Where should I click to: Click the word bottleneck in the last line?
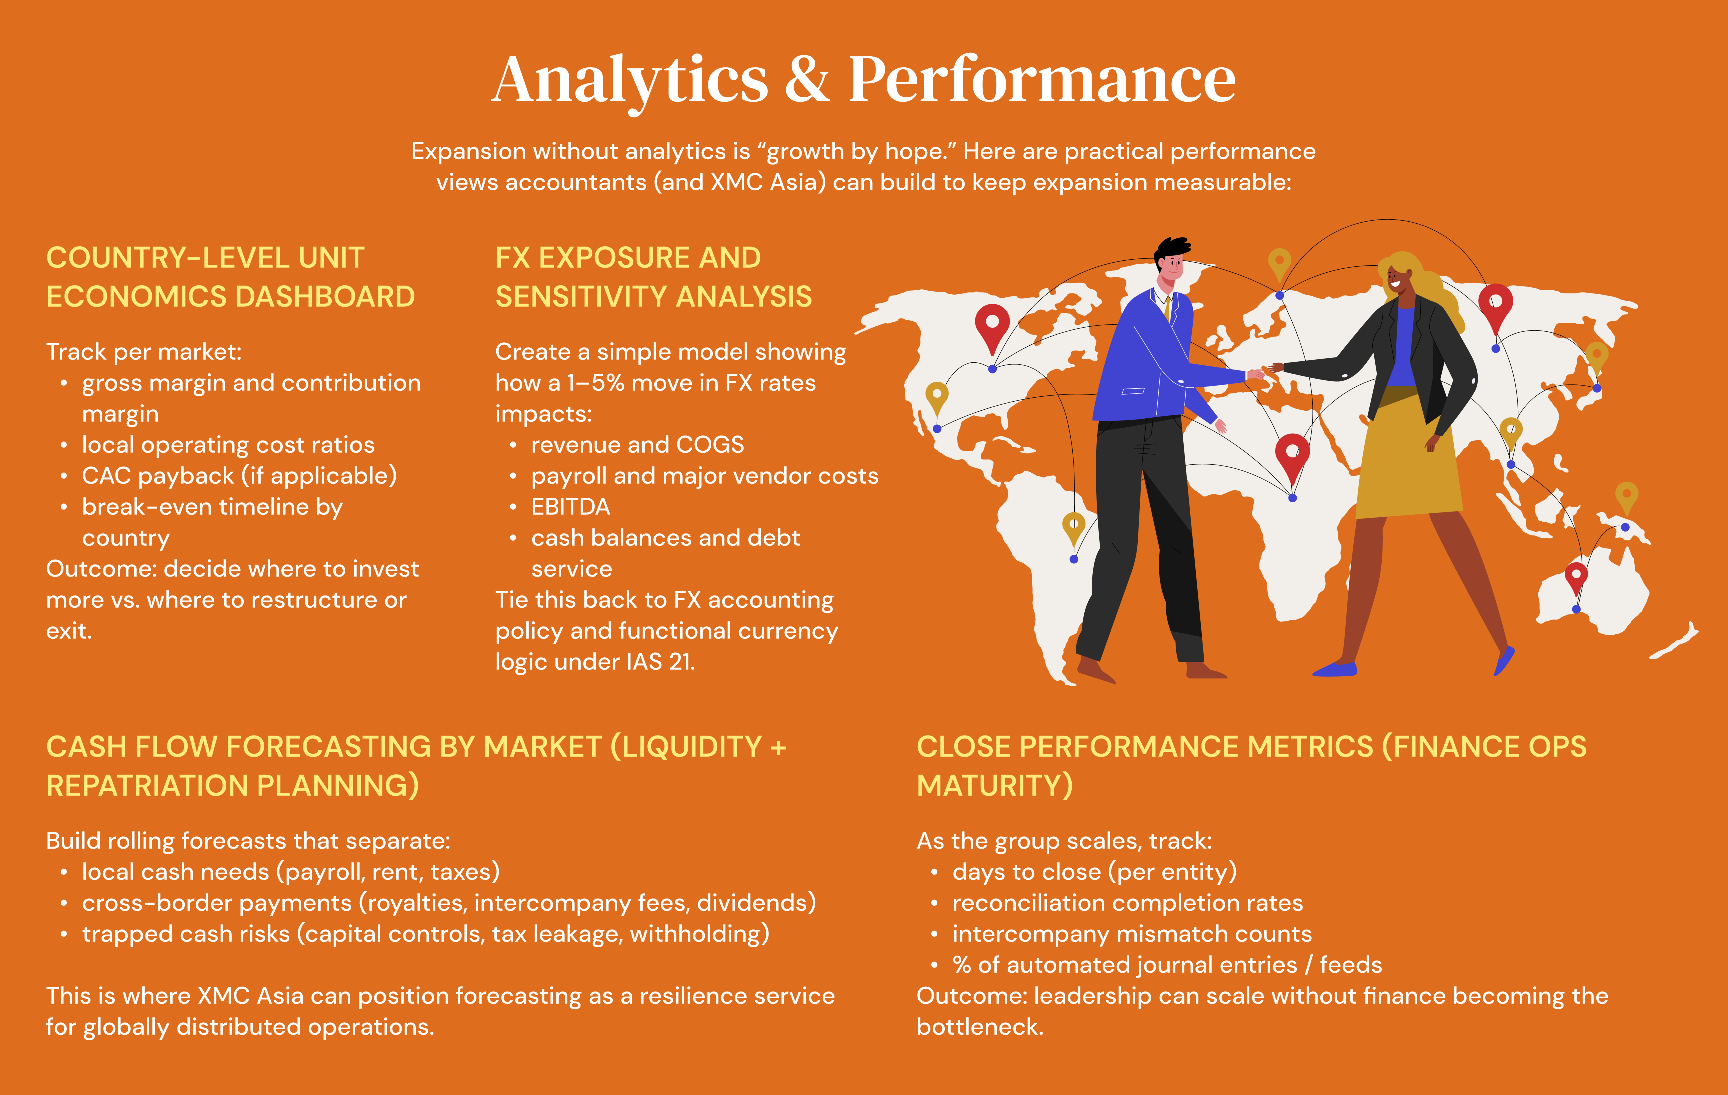979,1027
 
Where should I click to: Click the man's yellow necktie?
1168,308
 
